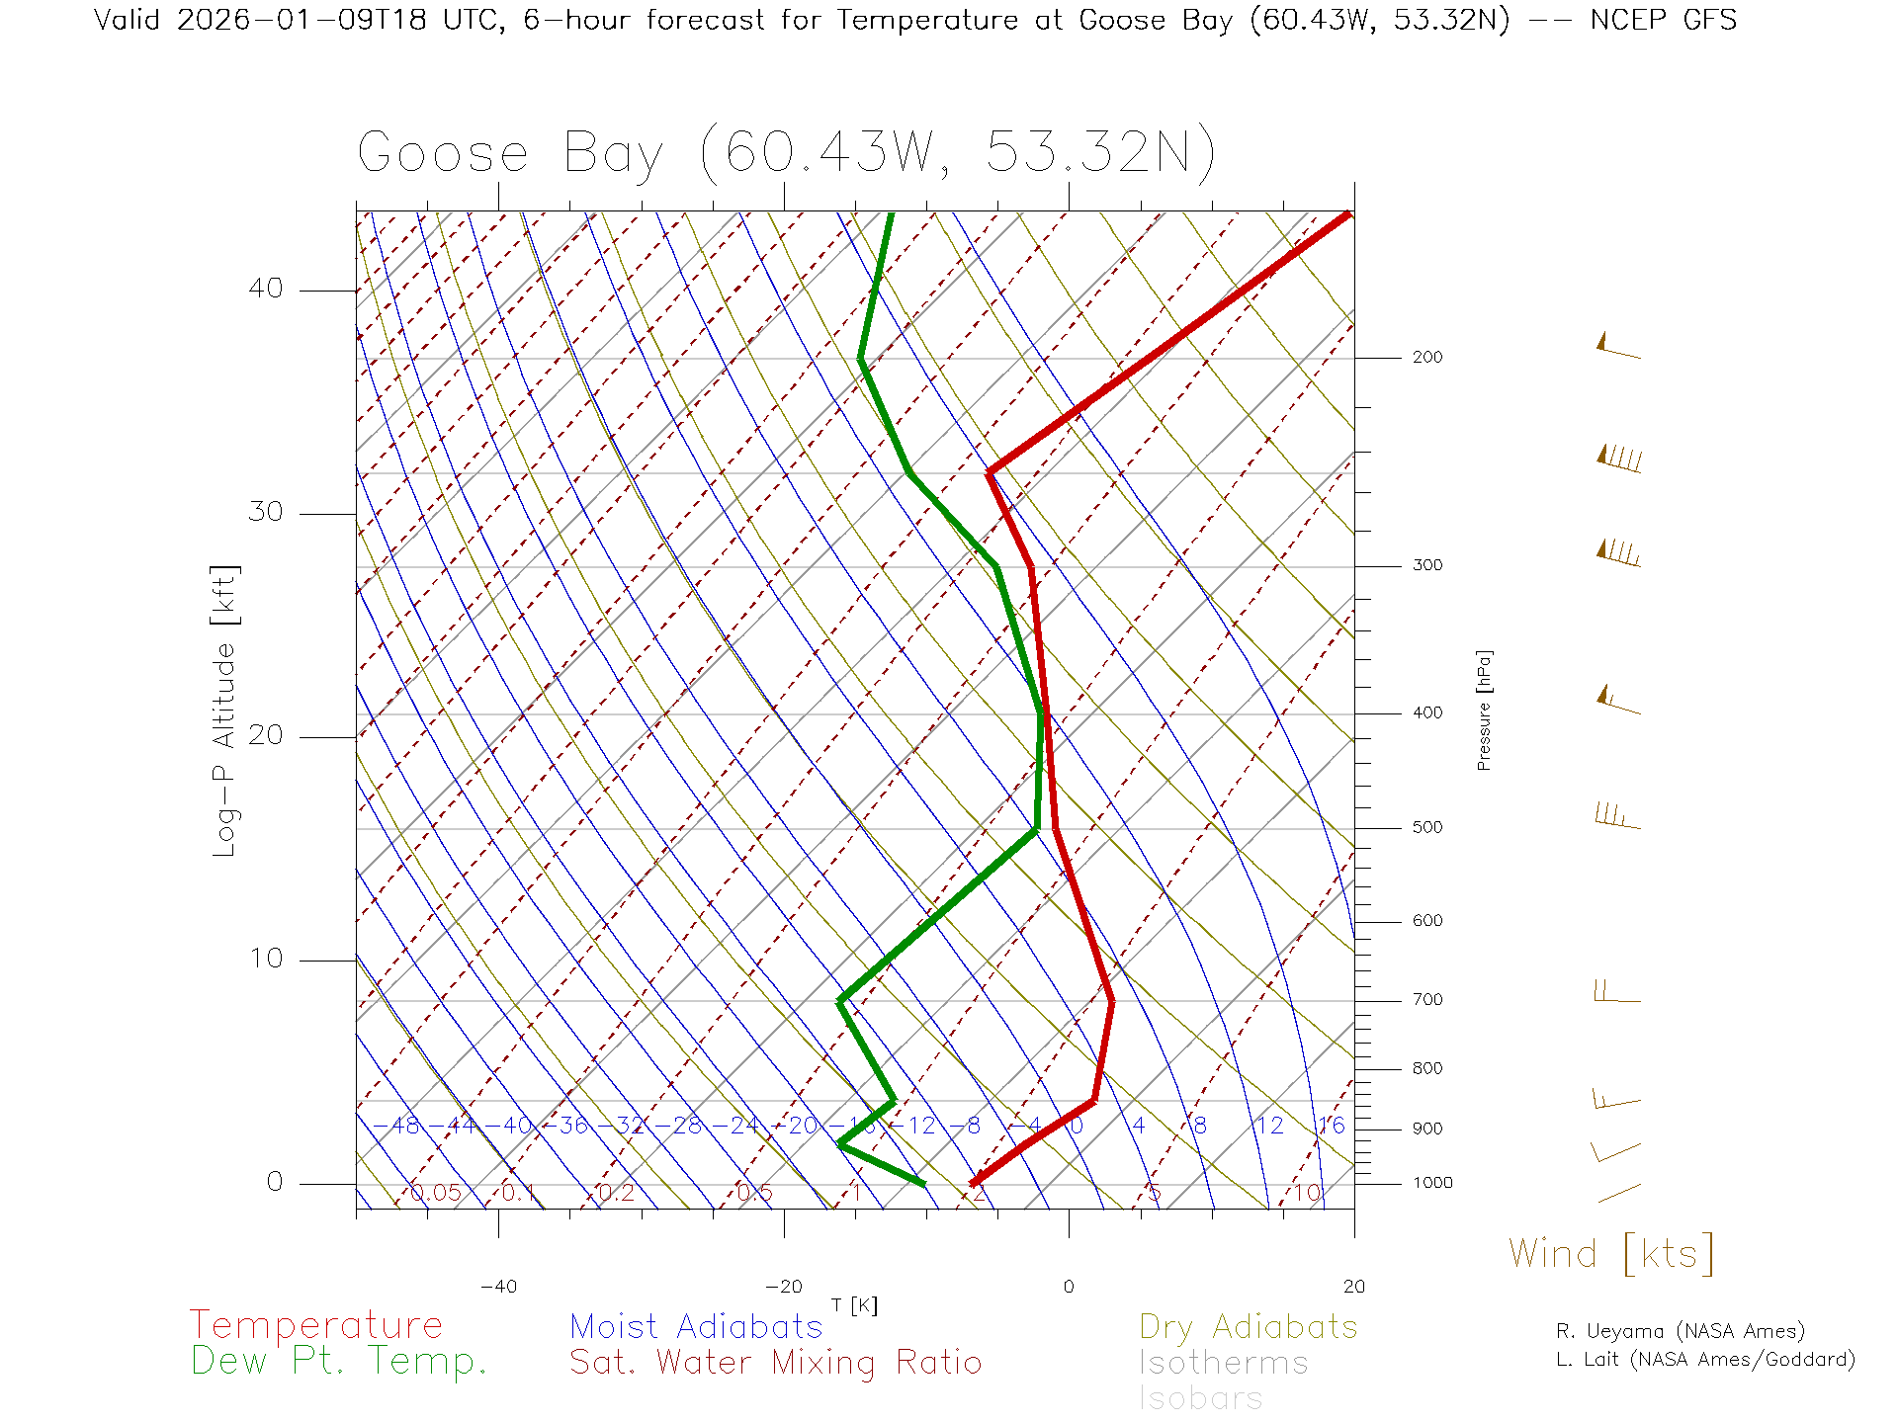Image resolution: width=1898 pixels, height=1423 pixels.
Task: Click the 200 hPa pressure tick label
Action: click(1426, 358)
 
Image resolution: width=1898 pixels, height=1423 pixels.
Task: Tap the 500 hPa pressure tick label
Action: click(1426, 828)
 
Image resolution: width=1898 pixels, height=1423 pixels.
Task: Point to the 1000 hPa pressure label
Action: click(1431, 1183)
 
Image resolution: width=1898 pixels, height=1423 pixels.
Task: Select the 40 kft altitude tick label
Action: click(265, 289)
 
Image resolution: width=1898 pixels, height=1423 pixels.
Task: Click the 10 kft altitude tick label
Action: click(265, 959)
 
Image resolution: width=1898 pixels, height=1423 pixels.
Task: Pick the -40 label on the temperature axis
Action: click(498, 1287)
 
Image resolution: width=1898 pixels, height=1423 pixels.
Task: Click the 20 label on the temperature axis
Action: click(1353, 1287)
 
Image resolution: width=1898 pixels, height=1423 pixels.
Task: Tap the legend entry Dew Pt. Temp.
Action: click(339, 1362)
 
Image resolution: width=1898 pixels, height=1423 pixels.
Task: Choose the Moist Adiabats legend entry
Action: click(696, 1326)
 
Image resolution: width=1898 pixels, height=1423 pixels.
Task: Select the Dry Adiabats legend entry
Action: click(1248, 1326)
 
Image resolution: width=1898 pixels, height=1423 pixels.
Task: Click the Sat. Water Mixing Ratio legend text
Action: click(775, 1363)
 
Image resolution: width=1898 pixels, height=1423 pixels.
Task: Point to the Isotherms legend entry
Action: click(1223, 1363)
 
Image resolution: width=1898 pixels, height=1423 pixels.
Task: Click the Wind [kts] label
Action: click(1610, 1254)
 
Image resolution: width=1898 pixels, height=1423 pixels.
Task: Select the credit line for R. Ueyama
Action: click(1680, 1331)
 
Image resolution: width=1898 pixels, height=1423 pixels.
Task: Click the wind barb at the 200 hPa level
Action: click(1618, 347)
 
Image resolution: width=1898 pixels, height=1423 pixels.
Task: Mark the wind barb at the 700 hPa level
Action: click(1616, 991)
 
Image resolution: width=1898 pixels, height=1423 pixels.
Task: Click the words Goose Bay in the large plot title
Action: click(510, 154)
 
